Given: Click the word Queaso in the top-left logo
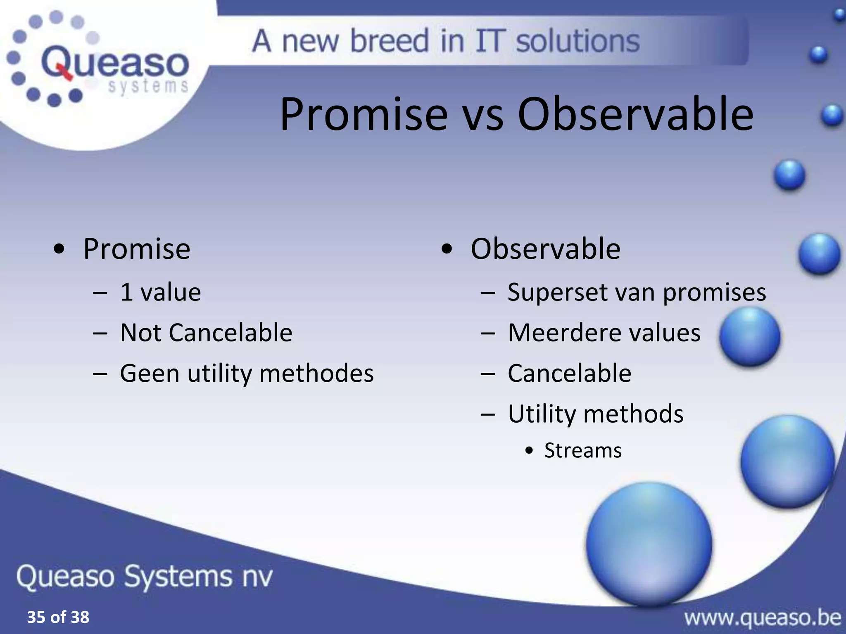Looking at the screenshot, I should pos(115,63).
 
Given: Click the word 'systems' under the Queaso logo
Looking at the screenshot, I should pos(148,87).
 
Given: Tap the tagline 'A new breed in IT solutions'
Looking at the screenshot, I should pos(446,41).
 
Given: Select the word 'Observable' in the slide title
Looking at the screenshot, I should pos(635,114).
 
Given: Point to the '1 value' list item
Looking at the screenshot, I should pos(160,292).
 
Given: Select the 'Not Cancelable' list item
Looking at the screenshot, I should pos(206,333).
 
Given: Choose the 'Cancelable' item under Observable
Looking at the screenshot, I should pos(569,373).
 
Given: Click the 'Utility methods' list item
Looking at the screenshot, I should pos(595,414).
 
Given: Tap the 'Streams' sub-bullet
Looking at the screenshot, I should pos(582,450).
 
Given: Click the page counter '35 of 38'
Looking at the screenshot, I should pos(58,617).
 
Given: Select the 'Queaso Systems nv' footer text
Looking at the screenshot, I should pos(145,576).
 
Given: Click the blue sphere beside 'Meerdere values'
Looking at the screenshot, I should pos(750,336).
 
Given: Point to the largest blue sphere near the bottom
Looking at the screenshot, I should pos(649,543).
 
